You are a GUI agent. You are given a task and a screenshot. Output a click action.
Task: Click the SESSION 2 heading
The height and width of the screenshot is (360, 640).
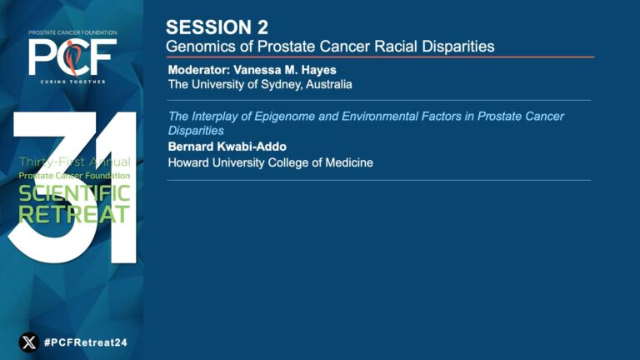(217, 27)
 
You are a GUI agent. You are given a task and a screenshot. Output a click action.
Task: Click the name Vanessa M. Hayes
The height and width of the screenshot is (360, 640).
(285, 70)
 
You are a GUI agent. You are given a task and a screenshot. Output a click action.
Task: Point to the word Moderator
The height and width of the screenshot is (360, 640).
(199, 70)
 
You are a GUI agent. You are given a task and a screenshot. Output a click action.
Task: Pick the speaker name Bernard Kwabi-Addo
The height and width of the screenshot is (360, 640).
(227, 147)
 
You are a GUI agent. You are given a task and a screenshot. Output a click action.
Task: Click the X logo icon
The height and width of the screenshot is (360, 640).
(29, 342)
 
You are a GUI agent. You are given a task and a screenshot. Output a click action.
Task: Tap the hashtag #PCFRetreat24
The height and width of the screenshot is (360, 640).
(86, 342)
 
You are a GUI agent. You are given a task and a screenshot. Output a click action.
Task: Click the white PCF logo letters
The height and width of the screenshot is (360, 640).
(72, 57)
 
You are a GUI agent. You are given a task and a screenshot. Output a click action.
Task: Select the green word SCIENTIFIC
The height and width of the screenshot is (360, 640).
(74, 193)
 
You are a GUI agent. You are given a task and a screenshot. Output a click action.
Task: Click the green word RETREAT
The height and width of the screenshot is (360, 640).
(74, 214)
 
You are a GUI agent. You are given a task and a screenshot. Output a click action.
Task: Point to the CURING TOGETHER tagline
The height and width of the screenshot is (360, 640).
(72, 82)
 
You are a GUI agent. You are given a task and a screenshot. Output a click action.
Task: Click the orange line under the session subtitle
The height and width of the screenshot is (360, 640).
(380, 57)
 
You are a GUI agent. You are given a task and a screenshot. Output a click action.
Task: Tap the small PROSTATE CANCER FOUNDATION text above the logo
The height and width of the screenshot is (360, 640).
(72, 32)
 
